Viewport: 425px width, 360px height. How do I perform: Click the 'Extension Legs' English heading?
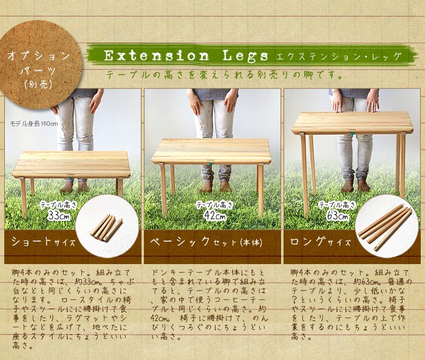point(186,56)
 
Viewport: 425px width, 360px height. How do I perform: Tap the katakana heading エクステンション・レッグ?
point(338,57)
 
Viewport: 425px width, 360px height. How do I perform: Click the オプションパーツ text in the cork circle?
point(39,63)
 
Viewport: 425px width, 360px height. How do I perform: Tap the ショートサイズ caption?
point(43,242)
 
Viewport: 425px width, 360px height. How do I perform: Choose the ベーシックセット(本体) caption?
point(206,242)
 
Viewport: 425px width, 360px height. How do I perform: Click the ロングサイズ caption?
point(321,242)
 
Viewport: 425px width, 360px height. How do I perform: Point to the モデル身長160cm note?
point(34,124)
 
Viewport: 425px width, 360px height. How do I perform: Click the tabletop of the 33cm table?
point(72,165)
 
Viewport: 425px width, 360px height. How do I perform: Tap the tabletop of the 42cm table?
point(211,151)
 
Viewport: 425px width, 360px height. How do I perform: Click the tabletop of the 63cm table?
point(352,123)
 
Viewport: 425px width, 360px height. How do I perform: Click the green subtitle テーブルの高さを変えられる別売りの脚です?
point(224,74)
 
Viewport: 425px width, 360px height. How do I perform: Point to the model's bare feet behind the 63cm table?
point(355,186)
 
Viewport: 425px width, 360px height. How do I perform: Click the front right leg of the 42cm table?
point(260,190)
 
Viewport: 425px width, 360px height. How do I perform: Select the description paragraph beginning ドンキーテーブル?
point(208,304)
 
